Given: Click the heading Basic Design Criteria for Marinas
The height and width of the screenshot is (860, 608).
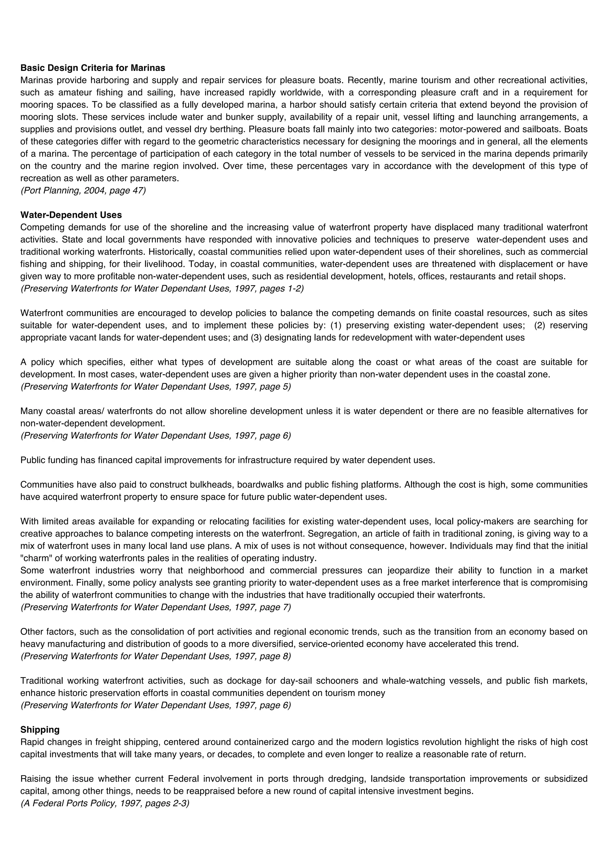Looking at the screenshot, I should point(93,68).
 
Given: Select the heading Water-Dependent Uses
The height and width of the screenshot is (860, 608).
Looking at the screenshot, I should point(71,215).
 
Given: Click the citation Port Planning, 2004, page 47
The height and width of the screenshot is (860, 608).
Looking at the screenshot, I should point(83,190).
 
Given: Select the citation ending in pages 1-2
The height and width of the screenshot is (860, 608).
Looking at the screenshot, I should point(162,288).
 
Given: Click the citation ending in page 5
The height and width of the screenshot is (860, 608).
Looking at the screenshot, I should point(156,387).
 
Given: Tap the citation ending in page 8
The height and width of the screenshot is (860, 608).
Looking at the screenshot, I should point(156,656).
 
